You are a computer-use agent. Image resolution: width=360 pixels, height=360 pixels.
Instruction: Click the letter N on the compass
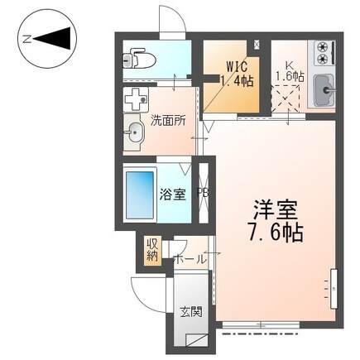click(27, 38)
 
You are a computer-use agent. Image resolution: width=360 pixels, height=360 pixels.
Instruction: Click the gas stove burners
click(321, 53)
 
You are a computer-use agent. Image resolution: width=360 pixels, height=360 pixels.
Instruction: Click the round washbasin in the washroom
click(135, 131)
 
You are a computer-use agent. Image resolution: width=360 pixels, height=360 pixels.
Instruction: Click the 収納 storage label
click(152, 251)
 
